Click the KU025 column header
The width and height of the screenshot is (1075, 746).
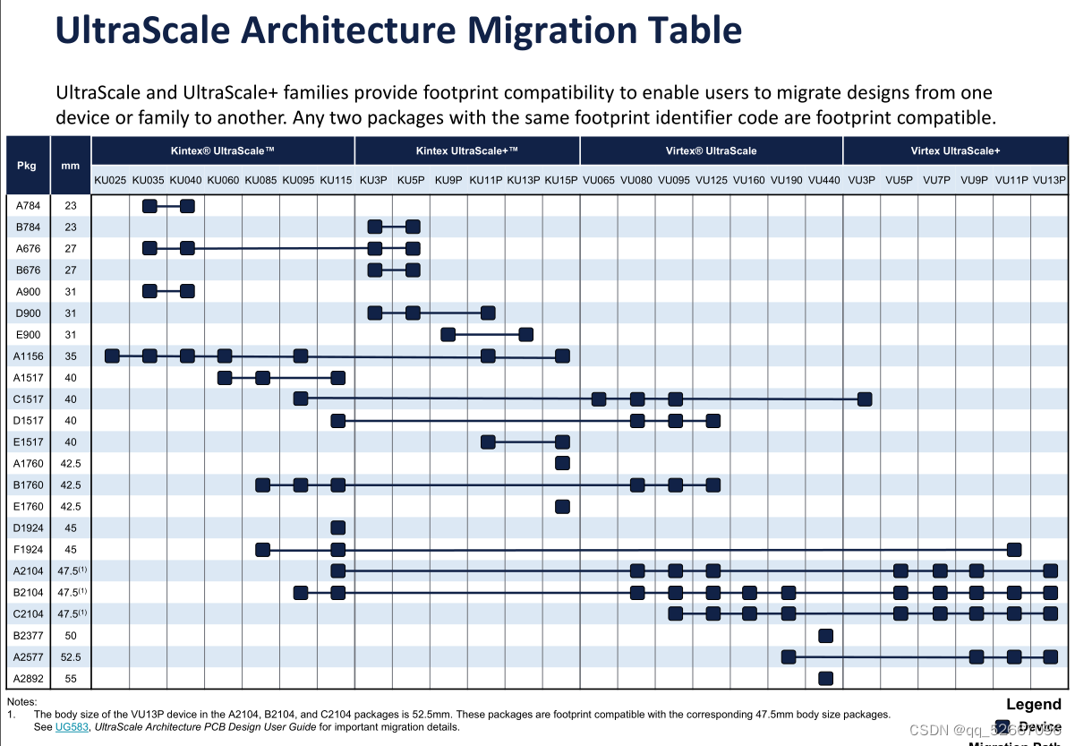click(x=110, y=180)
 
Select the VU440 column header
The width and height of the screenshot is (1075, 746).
click(x=824, y=180)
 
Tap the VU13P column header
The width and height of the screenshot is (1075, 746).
click(x=1049, y=180)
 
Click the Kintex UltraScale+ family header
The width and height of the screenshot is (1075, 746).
click(x=466, y=150)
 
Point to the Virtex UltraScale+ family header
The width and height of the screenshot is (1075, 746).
click(x=955, y=150)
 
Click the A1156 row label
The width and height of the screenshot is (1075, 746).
click(x=28, y=356)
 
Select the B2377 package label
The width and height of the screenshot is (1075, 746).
click(x=28, y=636)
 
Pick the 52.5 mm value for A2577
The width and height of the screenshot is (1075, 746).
click(x=71, y=657)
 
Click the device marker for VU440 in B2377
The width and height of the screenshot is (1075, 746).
click(x=825, y=636)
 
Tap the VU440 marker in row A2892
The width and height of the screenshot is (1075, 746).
click(x=825, y=678)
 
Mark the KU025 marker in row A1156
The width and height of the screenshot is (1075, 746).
click(x=112, y=356)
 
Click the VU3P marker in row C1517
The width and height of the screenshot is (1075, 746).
click(x=864, y=399)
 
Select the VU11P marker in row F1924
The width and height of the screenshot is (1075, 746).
click(x=1013, y=549)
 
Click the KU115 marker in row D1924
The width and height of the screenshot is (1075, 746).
click(x=337, y=527)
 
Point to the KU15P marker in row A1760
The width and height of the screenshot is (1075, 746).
click(x=562, y=463)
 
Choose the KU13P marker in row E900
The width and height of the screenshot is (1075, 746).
click(x=526, y=334)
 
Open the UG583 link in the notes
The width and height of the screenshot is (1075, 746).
click(x=69, y=727)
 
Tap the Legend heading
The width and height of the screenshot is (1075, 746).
click(x=1033, y=704)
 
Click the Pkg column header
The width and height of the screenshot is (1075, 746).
click(x=28, y=166)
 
